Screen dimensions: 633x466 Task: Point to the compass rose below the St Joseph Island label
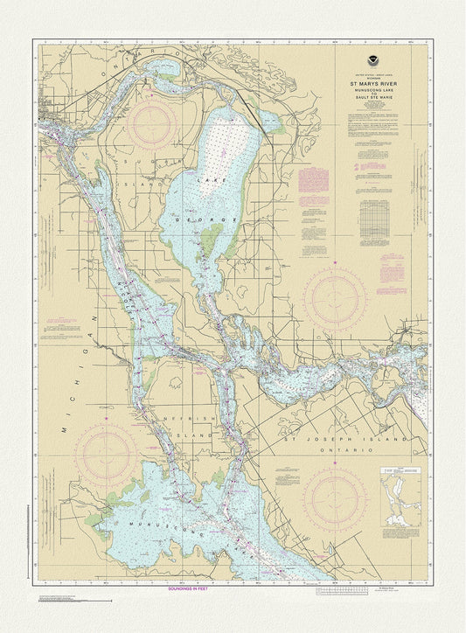pos(335,498)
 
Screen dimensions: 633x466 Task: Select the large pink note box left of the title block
pos(312,179)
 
